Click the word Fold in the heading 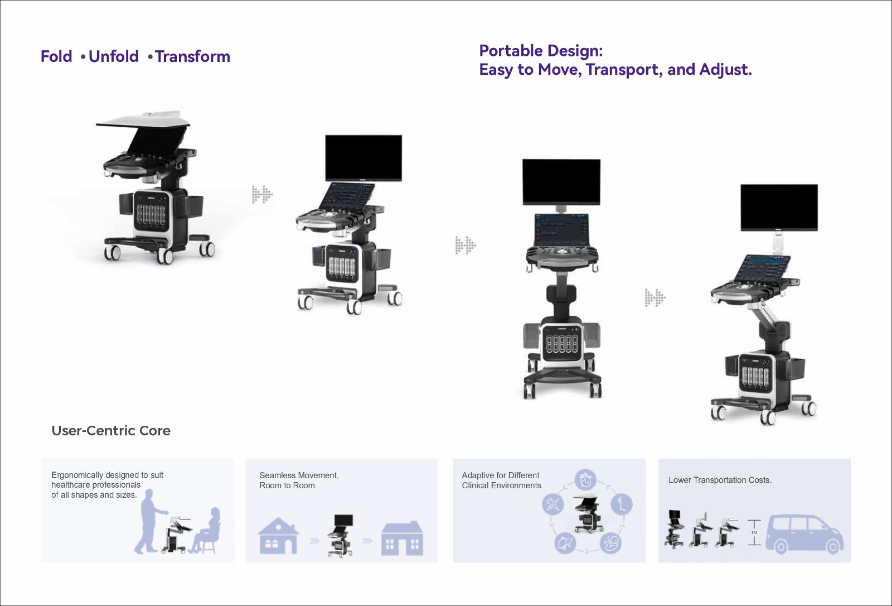click(x=56, y=56)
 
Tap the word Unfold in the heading click(x=114, y=56)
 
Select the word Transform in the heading click(x=192, y=56)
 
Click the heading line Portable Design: click(x=541, y=51)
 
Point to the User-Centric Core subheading click(x=111, y=431)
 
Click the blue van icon click(x=804, y=534)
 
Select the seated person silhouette click(x=206, y=530)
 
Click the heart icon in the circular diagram click(x=585, y=480)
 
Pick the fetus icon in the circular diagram click(x=610, y=542)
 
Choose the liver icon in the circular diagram click(x=565, y=542)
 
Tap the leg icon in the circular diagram click(x=621, y=504)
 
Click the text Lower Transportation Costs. click(x=720, y=480)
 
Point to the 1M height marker click(x=754, y=533)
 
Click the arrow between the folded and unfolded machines click(x=262, y=195)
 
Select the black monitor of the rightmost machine click(x=779, y=208)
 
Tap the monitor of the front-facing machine click(x=561, y=182)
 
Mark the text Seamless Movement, click(x=299, y=475)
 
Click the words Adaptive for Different click(x=501, y=475)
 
